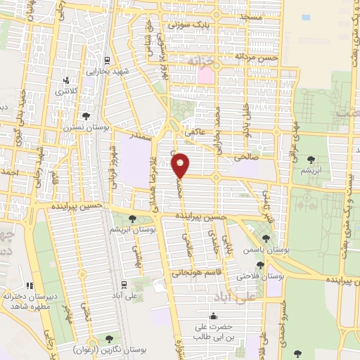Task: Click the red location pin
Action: click(x=181, y=165)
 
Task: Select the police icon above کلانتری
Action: click(x=67, y=80)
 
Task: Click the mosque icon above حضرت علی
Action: click(x=213, y=315)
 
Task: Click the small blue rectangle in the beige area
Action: click(x=304, y=16)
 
